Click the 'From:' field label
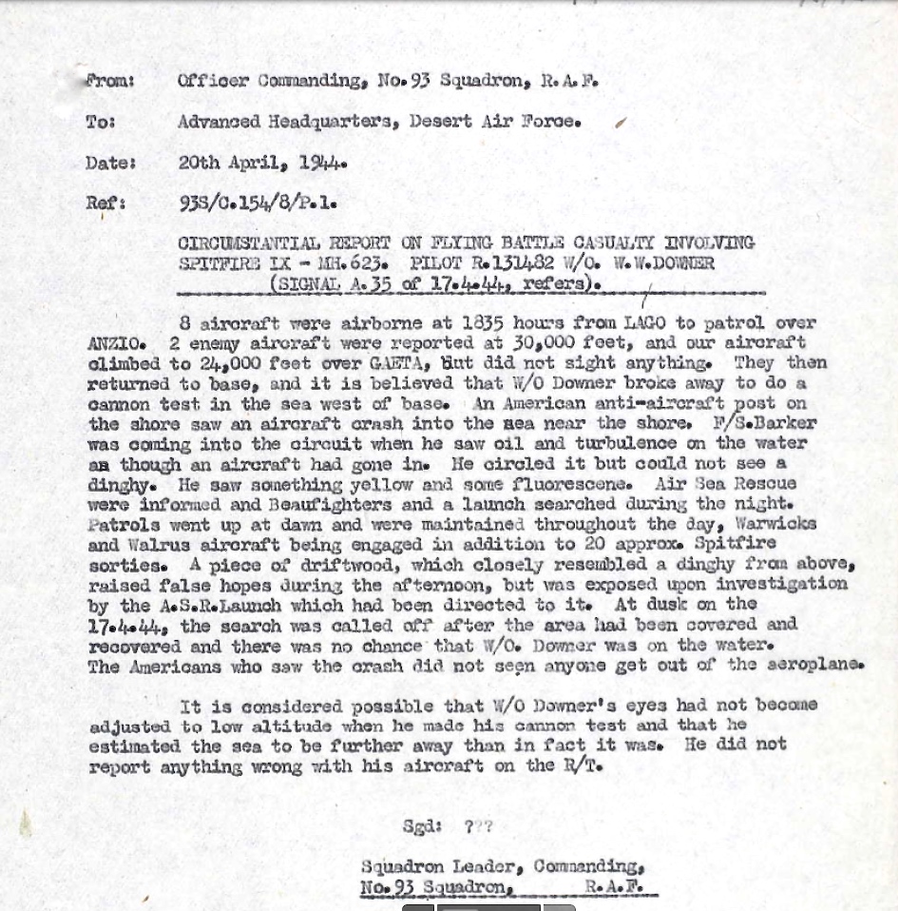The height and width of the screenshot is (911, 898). click(x=109, y=81)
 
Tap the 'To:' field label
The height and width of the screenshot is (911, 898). click(x=100, y=122)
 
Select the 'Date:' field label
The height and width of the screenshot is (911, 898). click(x=109, y=163)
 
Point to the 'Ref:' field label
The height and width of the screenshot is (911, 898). click(x=105, y=203)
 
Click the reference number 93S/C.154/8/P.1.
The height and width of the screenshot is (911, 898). click(x=258, y=203)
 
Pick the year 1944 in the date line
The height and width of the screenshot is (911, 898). click(x=323, y=163)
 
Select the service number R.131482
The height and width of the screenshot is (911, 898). click(x=516, y=262)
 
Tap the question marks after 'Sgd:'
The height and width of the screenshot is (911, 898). click(x=478, y=826)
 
